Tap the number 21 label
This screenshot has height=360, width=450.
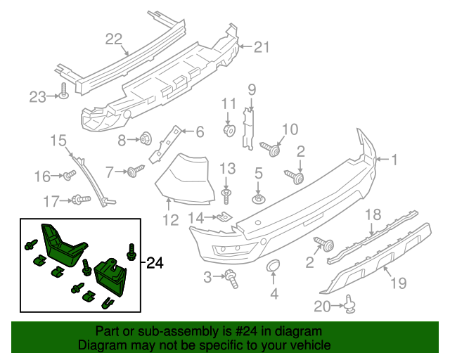[x=262, y=47]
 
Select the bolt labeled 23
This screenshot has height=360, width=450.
[x=63, y=91]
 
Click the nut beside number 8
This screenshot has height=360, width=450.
[x=147, y=139]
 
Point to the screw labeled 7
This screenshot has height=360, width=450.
[x=136, y=170]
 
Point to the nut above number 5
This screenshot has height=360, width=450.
[x=258, y=199]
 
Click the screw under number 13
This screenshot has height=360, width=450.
[x=226, y=192]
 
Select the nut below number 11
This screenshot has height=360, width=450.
[x=228, y=131]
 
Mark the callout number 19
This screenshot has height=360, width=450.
[x=399, y=283]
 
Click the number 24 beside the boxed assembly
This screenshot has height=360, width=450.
[x=155, y=264]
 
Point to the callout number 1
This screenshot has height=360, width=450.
[x=394, y=160]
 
